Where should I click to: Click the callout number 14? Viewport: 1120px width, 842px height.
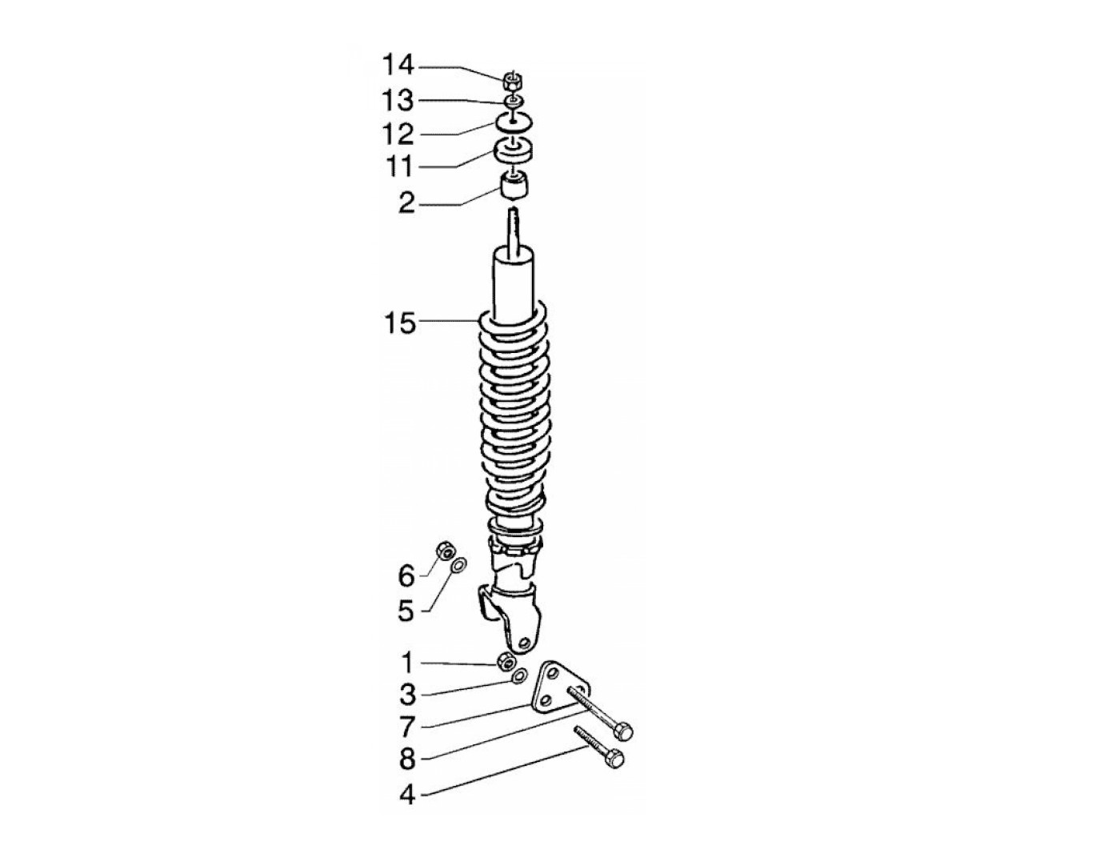click(x=398, y=66)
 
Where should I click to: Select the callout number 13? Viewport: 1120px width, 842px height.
click(x=398, y=100)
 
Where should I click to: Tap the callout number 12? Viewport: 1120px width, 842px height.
click(x=398, y=134)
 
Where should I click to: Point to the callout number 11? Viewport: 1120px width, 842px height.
click(x=398, y=166)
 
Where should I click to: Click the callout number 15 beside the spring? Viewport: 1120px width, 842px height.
click(x=399, y=323)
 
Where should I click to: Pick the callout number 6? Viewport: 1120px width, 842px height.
click(x=406, y=575)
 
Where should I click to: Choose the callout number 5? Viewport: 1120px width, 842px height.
click(x=406, y=611)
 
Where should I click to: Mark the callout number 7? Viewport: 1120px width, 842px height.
click(x=406, y=726)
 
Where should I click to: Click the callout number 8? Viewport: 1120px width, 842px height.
click(x=407, y=759)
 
